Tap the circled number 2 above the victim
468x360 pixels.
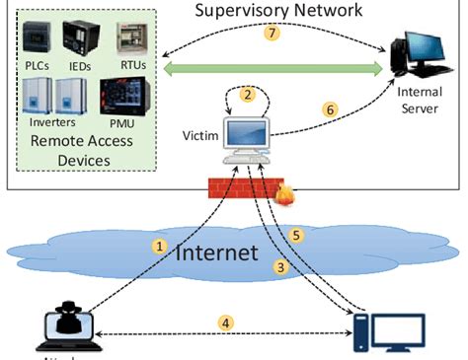click(x=249, y=95)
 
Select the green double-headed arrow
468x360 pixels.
click(x=273, y=68)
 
